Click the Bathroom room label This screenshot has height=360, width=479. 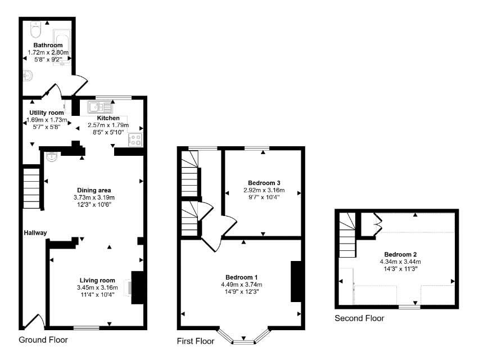click(x=48, y=45)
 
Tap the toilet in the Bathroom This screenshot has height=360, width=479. click(x=35, y=29)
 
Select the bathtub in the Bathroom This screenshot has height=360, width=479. click(x=62, y=47)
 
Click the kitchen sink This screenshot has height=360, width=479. click(x=100, y=107)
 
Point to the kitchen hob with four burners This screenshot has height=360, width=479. click(x=135, y=140)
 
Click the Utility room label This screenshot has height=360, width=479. click(x=47, y=112)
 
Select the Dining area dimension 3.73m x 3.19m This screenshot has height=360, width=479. click(x=94, y=197)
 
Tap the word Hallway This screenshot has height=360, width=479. click(x=35, y=233)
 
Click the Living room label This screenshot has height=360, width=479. click(x=97, y=280)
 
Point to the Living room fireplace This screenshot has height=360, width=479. click(x=137, y=287)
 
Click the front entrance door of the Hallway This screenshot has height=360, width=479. click(x=34, y=322)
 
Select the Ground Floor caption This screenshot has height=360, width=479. click(x=43, y=340)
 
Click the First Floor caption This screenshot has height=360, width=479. click(x=196, y=341)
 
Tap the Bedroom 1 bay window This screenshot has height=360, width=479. click(x=244, y=337)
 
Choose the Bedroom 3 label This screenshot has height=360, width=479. click(x=264, y=183)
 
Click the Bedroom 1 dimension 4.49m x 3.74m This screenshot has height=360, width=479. click(x=242, y=285)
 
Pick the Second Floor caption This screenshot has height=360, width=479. click(x=359, y=318)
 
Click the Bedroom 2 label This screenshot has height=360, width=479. click(x=400, y=254)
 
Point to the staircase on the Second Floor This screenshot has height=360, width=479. click(x=347, y=235)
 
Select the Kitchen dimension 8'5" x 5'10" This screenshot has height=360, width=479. click(x=109, y=132)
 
